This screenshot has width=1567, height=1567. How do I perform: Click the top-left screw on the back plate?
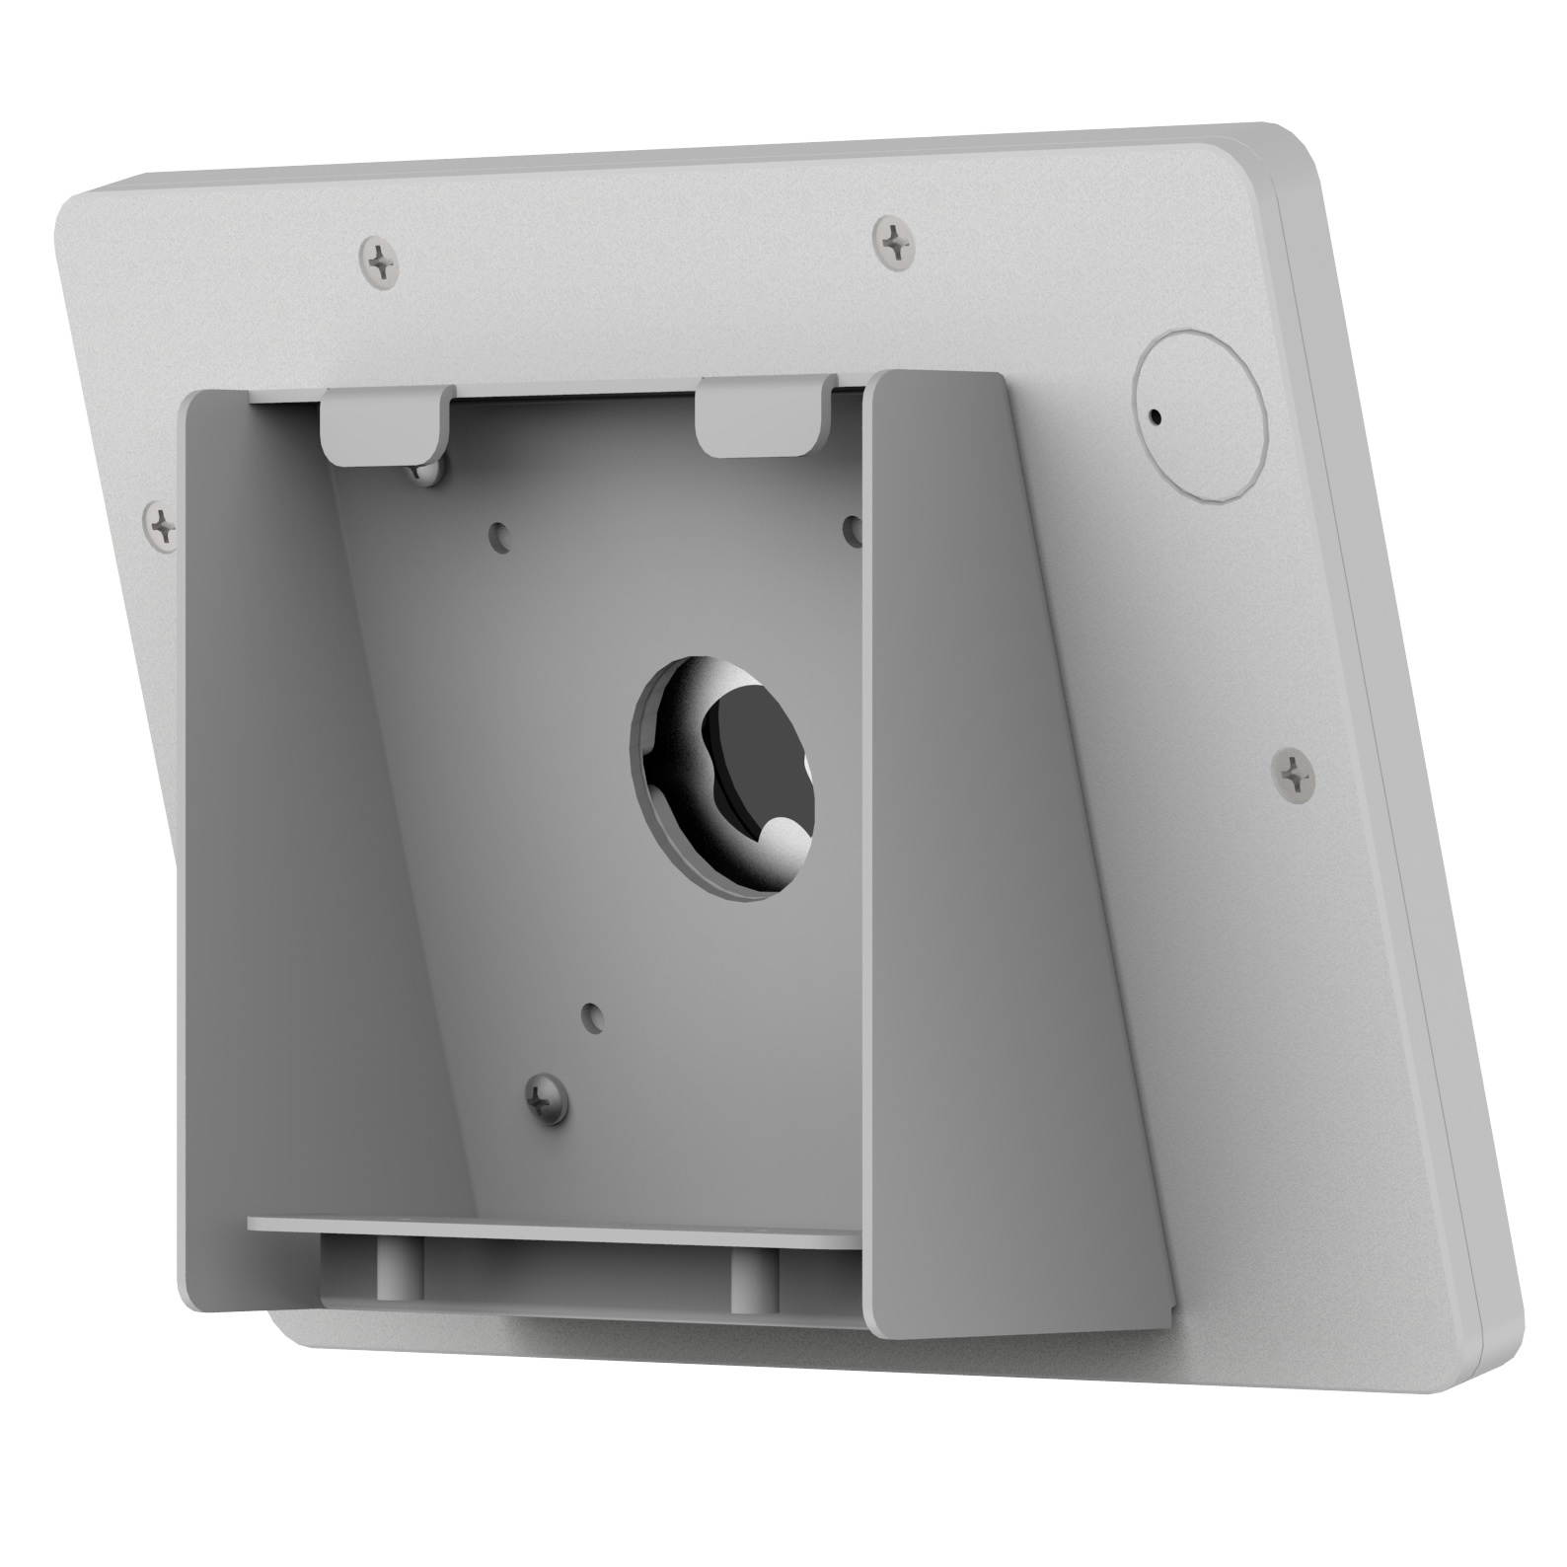click(380, 261)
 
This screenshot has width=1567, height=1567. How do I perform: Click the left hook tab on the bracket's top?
click(386, 426)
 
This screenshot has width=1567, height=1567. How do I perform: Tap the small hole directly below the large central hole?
click(591, 1013)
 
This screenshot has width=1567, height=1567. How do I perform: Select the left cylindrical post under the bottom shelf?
click(391, 1268)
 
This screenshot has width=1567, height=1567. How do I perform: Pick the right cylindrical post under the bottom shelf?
click(744, 1277)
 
